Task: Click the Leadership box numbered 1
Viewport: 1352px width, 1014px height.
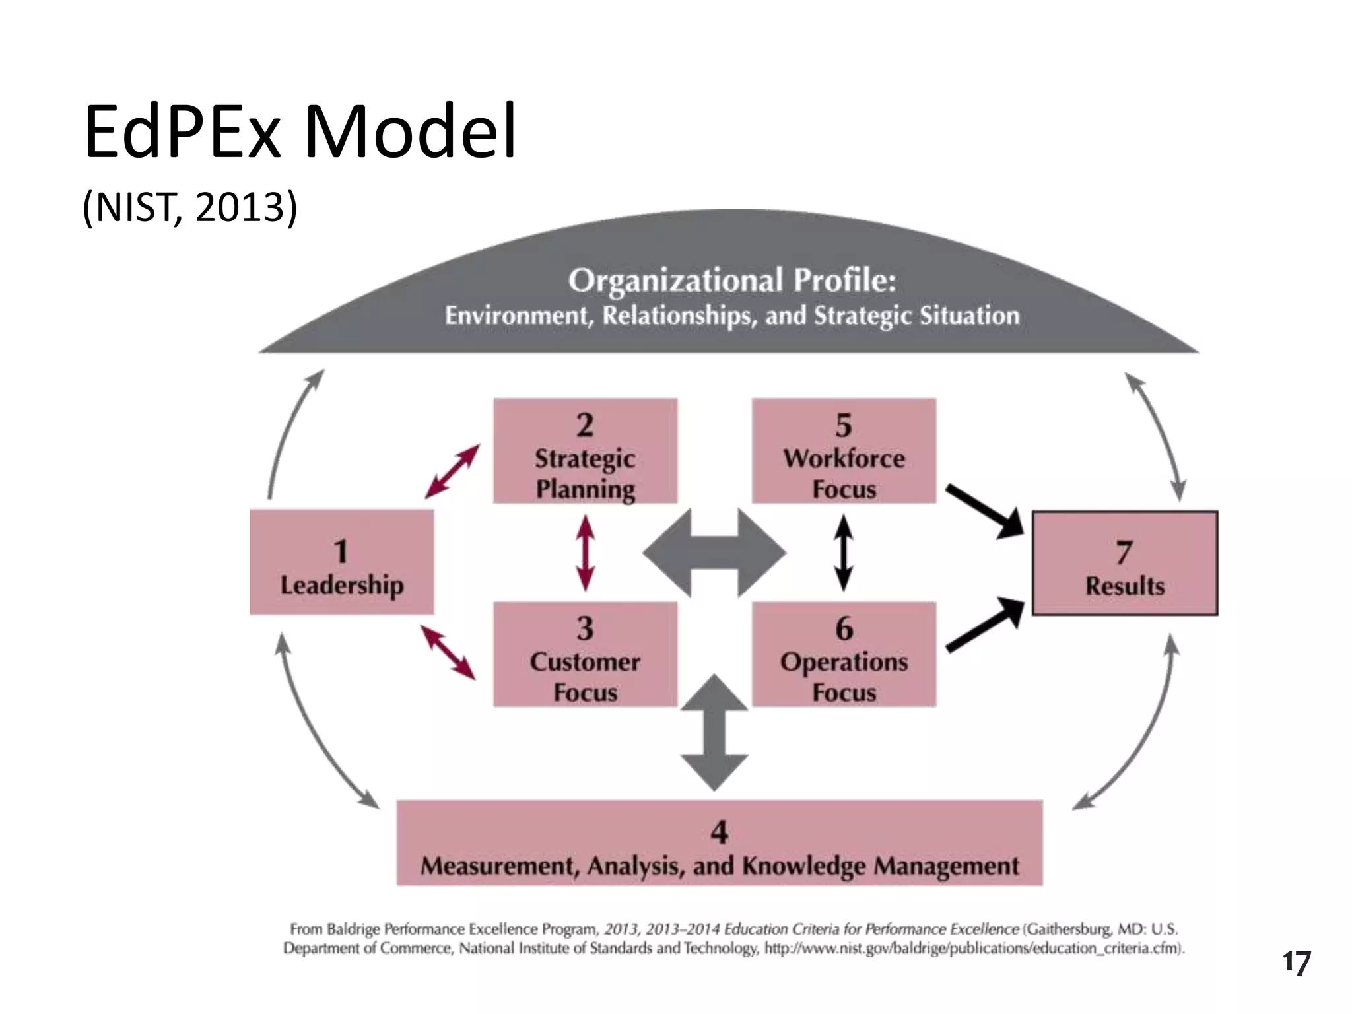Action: [x=341, y=562]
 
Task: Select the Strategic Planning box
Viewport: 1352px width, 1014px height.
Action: [x=585, y=451]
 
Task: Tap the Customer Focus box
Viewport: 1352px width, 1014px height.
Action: [x=585, y=654]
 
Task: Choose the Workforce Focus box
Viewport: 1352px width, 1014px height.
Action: [x=844, y=451]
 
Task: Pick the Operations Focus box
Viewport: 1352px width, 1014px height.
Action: [x=844, y=654]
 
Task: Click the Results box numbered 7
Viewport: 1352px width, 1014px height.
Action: [x=1124, y=563]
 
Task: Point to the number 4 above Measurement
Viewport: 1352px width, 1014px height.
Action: [x=719, y=832]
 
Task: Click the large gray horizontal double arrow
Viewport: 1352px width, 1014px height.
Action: [x=714, y=553]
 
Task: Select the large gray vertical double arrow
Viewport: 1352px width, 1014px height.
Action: [x=714, y=732]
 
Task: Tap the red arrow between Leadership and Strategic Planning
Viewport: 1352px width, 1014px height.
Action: [x=452, y=471]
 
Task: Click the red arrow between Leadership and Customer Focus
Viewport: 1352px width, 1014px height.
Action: [x=448, y=652]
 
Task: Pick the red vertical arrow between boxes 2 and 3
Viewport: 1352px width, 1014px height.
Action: [x=585, y=553]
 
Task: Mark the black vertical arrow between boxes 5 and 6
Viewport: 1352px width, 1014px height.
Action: [x=844, y=553]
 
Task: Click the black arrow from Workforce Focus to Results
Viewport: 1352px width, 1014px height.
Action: [x=984, y=511]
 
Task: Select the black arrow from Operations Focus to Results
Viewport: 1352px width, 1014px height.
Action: [x=984, y=625]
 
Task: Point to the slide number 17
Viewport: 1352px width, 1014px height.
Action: [x=1296, y=963]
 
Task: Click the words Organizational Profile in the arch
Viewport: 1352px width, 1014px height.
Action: [x=732, y=280]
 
